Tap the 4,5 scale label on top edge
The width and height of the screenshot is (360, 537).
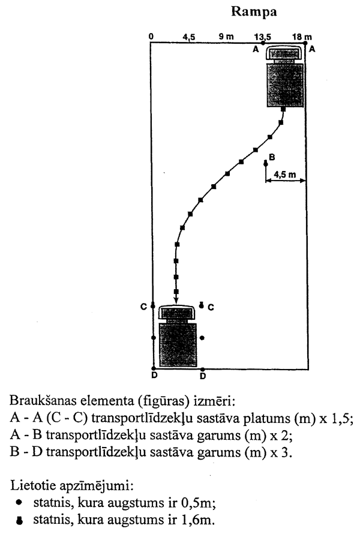[189, 37]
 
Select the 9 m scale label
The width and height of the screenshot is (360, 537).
[226, 37]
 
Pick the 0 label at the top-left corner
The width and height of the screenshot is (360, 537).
[152, 37]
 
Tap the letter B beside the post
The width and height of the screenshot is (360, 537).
[272, 157]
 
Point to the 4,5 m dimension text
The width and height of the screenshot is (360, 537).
[284, 174]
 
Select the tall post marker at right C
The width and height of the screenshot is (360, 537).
[202, 305]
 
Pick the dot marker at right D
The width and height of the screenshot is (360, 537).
[202, 369]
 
